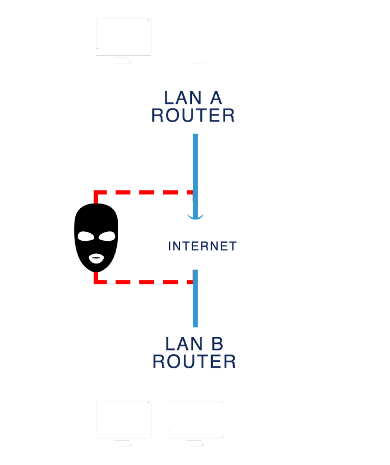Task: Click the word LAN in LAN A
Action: [180, 98]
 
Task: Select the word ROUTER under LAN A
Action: [193, 116]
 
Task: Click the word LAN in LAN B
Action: [181, 344]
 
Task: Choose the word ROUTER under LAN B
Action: [194, 361]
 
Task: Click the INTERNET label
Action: [202, 246]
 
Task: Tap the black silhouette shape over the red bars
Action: [95, 237]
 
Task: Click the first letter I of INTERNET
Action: [170, 246]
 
